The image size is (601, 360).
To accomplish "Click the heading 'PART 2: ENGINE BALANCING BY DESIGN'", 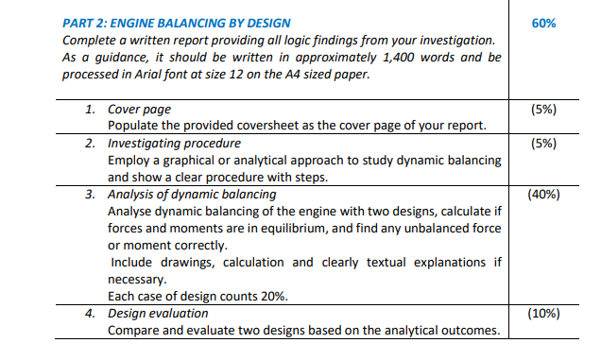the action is click(176, 23).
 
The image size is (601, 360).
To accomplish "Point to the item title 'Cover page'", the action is click(138, 110).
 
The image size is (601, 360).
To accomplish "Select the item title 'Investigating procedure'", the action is click(174, 144).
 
